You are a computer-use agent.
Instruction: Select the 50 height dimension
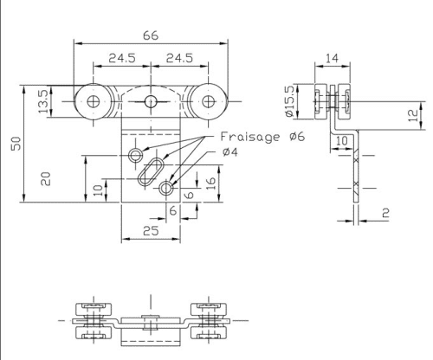pos(15,144)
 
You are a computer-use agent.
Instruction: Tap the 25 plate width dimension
pos(150,231)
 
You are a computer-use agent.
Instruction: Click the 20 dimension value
pos(48,178)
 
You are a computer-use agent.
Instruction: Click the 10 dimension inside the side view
pos(342,139)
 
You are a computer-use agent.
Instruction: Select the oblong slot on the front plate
pos(152,169)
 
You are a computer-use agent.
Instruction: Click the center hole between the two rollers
pos(151,102)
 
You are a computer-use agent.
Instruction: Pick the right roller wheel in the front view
pos(208,101)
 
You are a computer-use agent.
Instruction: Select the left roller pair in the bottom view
pos(92,321)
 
